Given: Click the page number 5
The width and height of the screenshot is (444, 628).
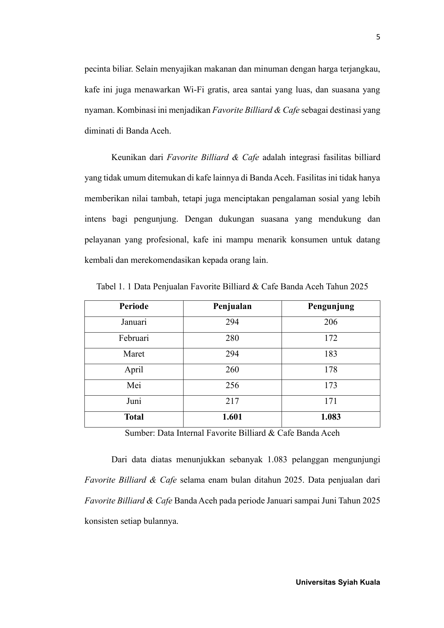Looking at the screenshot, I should (x=378, y=37).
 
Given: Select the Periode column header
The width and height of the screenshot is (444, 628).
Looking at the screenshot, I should (x=134, y=306).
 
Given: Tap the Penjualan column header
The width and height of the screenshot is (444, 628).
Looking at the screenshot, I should (x=232, y=306).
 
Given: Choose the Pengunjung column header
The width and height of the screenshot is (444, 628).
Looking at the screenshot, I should (x=331, y=306).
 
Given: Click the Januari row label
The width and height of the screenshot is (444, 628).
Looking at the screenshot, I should (x=134, y=322).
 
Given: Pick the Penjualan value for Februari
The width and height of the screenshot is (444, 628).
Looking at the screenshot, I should (x=232, y=338).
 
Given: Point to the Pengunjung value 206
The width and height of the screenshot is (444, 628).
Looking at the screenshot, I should (x=331, y=322).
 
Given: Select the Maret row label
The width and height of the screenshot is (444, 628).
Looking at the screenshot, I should (x=134, y=354).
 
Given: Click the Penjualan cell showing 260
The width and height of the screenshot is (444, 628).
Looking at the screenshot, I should (x=232, y=370).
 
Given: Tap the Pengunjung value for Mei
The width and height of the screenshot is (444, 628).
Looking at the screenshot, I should (x=331, y=386).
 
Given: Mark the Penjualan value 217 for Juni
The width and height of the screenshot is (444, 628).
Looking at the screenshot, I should (x=232, y=401).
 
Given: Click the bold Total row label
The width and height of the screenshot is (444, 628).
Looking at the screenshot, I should (x=134, y=417).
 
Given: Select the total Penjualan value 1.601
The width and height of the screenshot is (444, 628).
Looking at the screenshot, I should (x=232, y=417).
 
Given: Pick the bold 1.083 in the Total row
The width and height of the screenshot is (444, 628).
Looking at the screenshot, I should (x=331, y=417).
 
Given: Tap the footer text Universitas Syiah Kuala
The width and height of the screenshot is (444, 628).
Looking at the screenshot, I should (x=338, y=582).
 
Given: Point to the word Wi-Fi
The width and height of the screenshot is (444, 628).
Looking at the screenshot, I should (x=194, y=90).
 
